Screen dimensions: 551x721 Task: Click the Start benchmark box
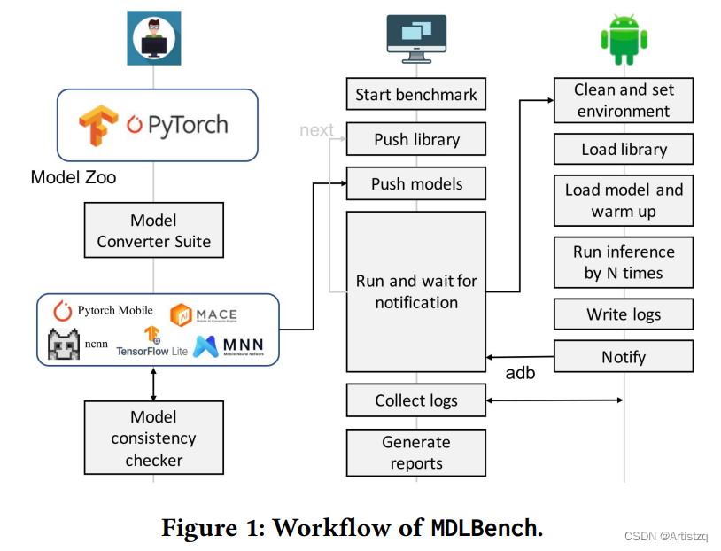pos(415,95)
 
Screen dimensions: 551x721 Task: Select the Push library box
pos(415,139)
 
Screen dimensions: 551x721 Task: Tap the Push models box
pos(415,183)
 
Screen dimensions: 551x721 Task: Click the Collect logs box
pos(415,400)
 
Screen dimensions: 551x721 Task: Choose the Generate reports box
pos(415,452)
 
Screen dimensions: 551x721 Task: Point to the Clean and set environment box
pos(624,100)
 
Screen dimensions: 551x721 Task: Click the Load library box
pos(624,150)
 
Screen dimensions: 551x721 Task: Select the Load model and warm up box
pos(624,200)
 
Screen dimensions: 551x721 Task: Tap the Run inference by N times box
pos(624,262)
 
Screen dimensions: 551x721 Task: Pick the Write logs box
pos(624,314)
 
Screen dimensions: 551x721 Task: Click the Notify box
pos(624,357)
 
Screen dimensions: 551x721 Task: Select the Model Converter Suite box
pos(153,230)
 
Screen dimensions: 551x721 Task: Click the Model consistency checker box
pos(153,438)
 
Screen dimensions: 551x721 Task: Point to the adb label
pos(520,373)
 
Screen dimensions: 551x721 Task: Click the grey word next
pos(316,130)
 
